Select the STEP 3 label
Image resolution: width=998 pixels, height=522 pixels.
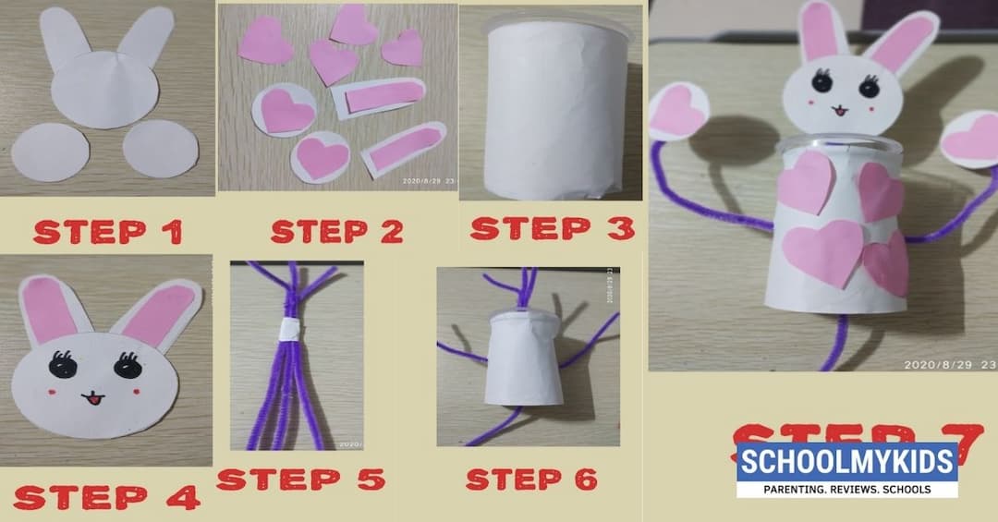[552, 227]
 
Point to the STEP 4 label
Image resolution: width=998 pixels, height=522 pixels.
[105, 497]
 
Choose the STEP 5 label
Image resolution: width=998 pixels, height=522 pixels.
[300, 480]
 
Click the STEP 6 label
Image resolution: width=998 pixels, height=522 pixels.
[530, 480]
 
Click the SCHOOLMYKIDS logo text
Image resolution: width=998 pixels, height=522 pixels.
[846, 461]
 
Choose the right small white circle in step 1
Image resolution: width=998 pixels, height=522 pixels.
[159, 148]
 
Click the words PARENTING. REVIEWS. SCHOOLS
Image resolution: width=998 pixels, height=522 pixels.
[846, 488]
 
